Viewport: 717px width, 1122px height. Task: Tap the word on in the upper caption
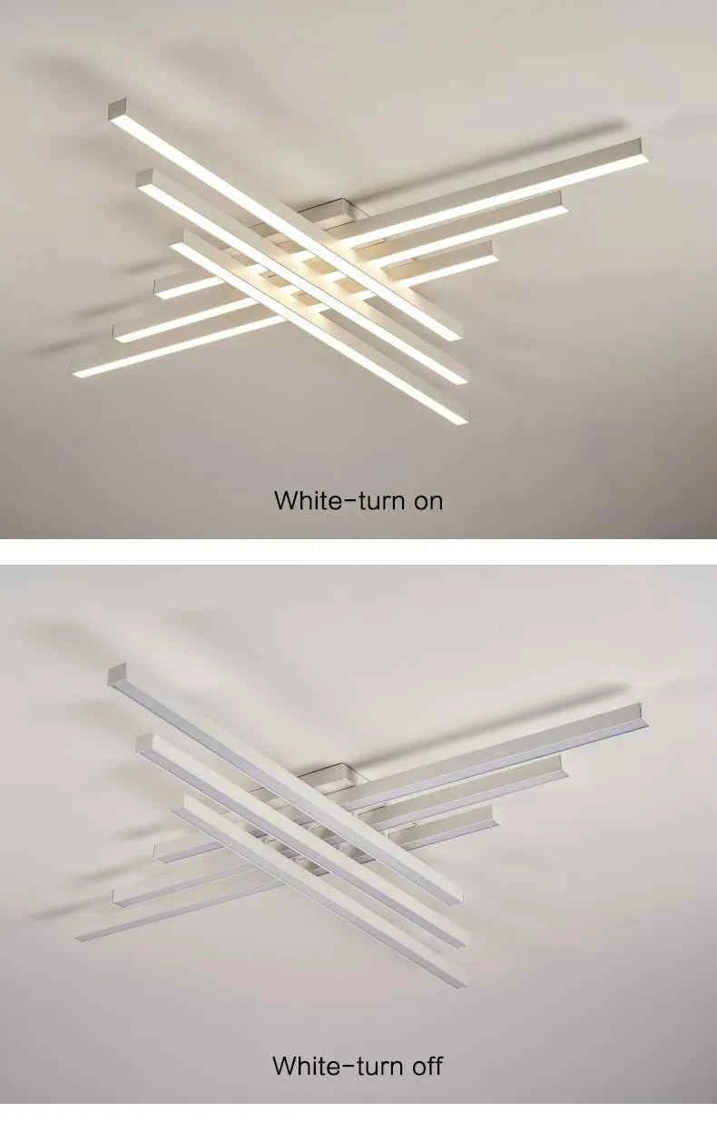pos(427,499)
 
